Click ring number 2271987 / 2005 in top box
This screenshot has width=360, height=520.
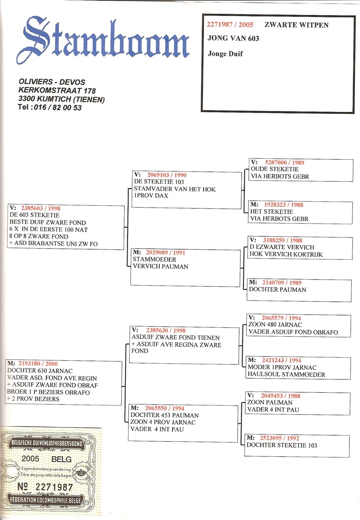(230, 25)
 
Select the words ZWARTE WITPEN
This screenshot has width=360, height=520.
(297, 25)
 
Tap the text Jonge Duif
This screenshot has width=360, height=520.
(225, 54)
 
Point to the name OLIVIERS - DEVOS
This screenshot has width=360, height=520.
(52, 82)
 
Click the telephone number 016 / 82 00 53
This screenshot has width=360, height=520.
(58, 107)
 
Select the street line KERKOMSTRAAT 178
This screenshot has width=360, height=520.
(57, 91)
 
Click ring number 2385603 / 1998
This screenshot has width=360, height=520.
(41, 208)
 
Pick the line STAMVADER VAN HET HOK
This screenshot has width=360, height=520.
(175, 189)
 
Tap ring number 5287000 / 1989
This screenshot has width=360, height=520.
(284, 162)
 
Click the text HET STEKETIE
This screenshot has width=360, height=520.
(272, 212)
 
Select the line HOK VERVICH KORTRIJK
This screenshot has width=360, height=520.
(286, 254)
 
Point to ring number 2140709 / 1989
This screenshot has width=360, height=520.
(282, 282)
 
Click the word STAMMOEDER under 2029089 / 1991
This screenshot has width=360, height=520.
(154, 259)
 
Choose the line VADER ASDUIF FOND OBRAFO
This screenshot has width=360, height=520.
(293, 332)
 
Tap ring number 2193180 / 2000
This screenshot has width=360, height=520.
(38, 364)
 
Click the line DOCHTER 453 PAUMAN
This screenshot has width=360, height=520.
(164, 415)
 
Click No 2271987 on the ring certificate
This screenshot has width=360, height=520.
(45, 487)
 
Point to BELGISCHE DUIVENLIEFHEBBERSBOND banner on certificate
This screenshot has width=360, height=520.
(46, 443)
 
